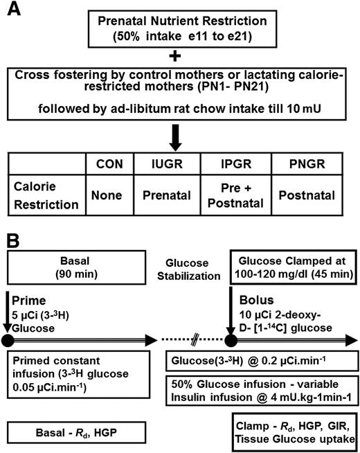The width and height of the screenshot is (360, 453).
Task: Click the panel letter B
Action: click(13, 240)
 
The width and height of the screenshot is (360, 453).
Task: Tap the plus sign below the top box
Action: click(175, 57)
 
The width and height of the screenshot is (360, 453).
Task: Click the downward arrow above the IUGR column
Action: click(175, 138)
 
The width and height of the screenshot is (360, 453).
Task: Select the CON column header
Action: click(109, 163)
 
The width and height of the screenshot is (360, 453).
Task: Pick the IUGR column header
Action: click(167, 163)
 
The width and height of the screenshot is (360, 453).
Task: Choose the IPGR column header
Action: click(236, 163)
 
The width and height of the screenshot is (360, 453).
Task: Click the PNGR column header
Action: click(307, 163)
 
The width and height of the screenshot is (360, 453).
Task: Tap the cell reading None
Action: click(107, 195)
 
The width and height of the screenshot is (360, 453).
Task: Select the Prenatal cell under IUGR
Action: click(167, 195)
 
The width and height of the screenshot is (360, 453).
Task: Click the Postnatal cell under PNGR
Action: click(307, 195)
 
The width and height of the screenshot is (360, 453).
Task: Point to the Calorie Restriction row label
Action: click(46, 195)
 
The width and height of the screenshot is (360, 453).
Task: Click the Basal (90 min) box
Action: click(77, 267)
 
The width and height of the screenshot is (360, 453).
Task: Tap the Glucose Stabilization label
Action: click(188, 269)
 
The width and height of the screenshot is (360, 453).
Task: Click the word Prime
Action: click(28, 301)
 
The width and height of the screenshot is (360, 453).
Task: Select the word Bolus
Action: click(256, 300)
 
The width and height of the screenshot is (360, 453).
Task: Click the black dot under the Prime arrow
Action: click(8, 341)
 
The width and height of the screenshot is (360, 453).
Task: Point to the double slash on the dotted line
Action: click(195, 339)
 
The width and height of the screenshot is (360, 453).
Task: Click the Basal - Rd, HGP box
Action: click(77, 432)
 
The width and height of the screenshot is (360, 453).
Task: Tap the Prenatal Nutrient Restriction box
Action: click(182, 29)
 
